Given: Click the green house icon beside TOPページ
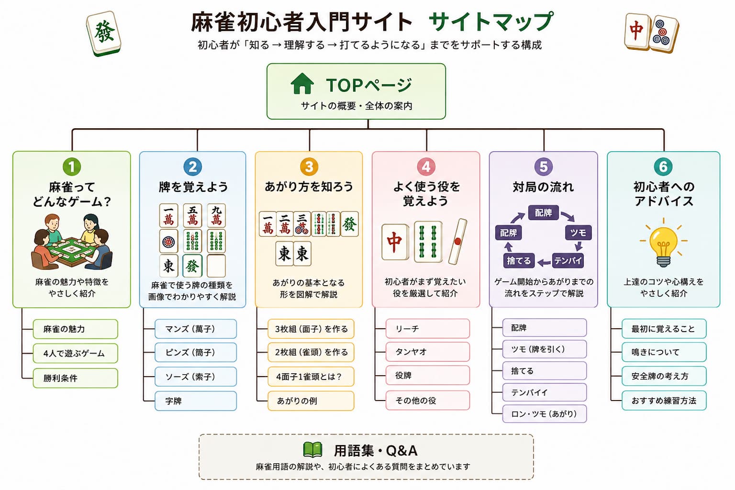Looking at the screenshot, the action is [x=302, y=84].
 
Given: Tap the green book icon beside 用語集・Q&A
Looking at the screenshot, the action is [x=312, y=450].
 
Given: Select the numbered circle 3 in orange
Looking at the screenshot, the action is [x=309, y=167].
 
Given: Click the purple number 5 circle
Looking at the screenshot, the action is [x=544, y=167].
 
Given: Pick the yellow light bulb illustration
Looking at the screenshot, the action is [x=663, y=243].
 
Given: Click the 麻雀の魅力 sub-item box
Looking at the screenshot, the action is [x=75, y=329].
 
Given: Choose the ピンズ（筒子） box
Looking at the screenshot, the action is [x=196, y=353].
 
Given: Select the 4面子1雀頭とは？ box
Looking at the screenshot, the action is [x=311, y=377].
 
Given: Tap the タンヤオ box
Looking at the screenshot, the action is [x=427, y=352].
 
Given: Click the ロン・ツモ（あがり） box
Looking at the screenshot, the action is [x=545, y=414].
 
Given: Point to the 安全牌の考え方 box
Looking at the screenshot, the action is [x=664, y=376].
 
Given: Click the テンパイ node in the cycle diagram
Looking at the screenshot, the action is [x=568, y=261].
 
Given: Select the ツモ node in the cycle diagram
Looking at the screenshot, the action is [x=578, y=233].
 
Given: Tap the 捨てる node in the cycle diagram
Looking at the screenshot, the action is [x=519, y=261].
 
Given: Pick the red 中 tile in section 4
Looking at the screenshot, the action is [x=395, y=242].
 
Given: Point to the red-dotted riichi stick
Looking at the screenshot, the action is [x=458, y=241].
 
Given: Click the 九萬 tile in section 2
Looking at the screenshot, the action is [x=216, y=216].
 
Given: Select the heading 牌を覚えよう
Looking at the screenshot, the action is [x=193, y=187].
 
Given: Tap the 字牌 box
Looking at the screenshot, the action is [x=196, y=401].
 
